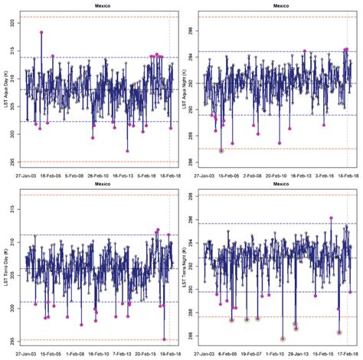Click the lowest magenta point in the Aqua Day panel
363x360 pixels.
[x=127, y=151]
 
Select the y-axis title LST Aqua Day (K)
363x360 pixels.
[x=6, y=89]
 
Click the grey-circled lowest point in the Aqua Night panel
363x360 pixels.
[x=221, y=151]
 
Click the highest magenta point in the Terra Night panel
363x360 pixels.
[x=331, y=218]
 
